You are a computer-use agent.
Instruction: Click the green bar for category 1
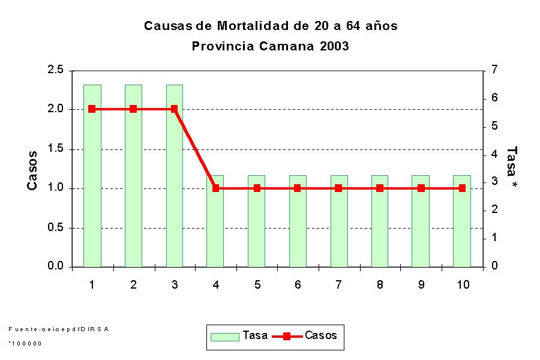click(x=92, y=180)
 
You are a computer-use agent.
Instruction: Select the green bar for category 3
click(x=175, y=180)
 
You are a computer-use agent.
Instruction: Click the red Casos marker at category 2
click(x=133, y=109)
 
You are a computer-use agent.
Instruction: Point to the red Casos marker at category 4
click(x=216, y=188)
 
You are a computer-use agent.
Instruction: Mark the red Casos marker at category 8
click(x=380, y=188)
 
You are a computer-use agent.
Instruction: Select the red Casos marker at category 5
click(x=257, y=188)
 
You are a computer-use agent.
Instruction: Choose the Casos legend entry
click(x=306, y=336)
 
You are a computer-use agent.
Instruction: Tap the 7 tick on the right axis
click(x=494, y=70)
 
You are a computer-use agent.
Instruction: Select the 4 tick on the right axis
click(x=494, y=154)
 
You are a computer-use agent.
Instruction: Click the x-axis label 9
click(x=421, y=284)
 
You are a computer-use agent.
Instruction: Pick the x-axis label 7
click(x=338, y=284)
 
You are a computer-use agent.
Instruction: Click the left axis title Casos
click(x=33, y=170)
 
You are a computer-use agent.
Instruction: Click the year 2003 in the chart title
click(x=334, y=46)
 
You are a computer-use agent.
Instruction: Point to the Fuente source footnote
click(x=59, y=329)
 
